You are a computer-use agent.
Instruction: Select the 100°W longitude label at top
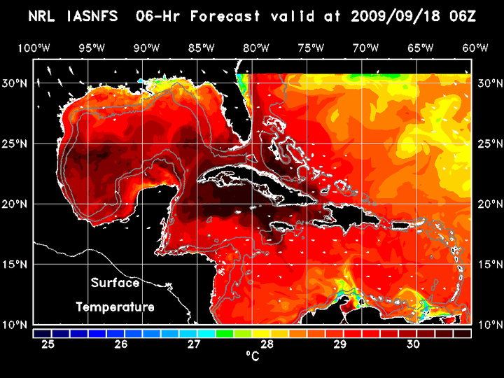pos(34,48)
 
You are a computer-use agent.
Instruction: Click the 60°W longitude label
pos(475,48)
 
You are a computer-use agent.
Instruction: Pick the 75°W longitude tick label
pos(311,48)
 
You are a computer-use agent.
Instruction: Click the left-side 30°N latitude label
pos(15,83)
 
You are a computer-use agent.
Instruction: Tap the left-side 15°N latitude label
pos(15,264)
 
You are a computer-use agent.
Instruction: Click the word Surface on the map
pos(115,283)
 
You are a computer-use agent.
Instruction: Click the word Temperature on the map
pos(115,307)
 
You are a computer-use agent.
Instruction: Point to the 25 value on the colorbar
pos(48,344)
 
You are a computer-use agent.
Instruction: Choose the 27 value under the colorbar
pos(194,344)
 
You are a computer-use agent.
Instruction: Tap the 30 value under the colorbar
pos(412,344)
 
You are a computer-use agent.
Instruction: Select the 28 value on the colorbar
pos(267,344)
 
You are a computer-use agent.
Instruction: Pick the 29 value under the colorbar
pos(339,344)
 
